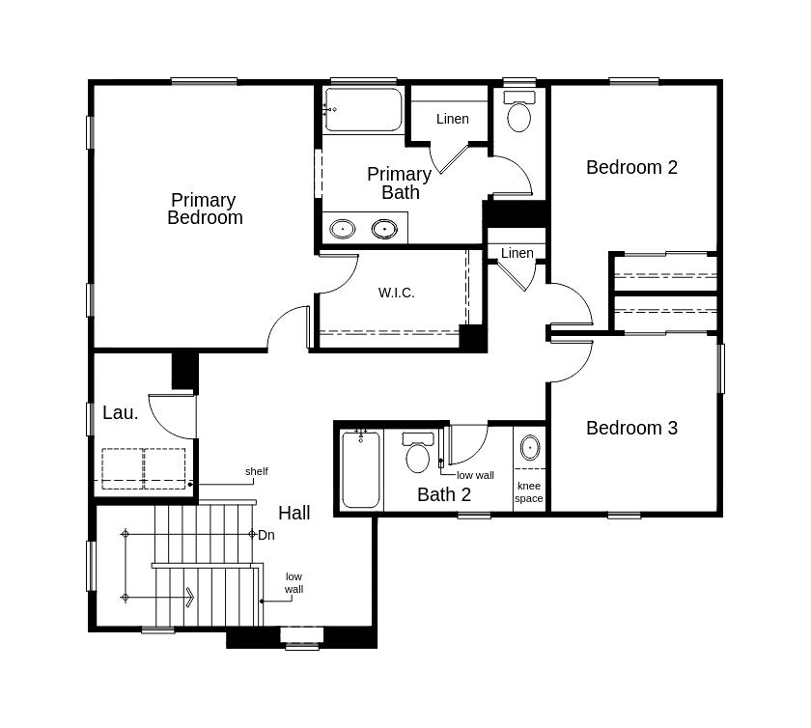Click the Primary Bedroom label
pyautogui.click(x=205, y=209)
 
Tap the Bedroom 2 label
pyautogui.click(x=631, y=167)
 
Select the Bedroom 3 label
pyautogui.click(x=631, y=428)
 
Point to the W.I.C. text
pyautogui.click(x=396, y=293)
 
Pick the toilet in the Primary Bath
pyautogui.click(x=519, y=111)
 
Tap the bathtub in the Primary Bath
pyautogui.click(x=363, y=110)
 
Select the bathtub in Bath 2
pyautogui.click(x=361, y=470)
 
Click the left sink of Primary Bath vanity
pyautogui.click(x=343, y=229)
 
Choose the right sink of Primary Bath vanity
pyautogui.click(x=384, y=229)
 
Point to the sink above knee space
pyautogui.click(x=530, y=448)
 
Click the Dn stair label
pyautogui.click(x=266, y=535)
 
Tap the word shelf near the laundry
pyautogui.click(x=257, y=471)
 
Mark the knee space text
pyautogui.click(x=529, y=492)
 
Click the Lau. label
pyautogui.click(x=121, y=412)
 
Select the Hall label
pyautogui.click(x=294, y=513)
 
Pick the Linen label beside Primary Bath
pyautogui.click(x=453, y=119)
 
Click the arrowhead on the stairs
pyautogui.click(x=190, y=598)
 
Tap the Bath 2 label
pyautogui.click(x=444, y=494)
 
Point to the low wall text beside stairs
pyautogui.click(x=294, y=582)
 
